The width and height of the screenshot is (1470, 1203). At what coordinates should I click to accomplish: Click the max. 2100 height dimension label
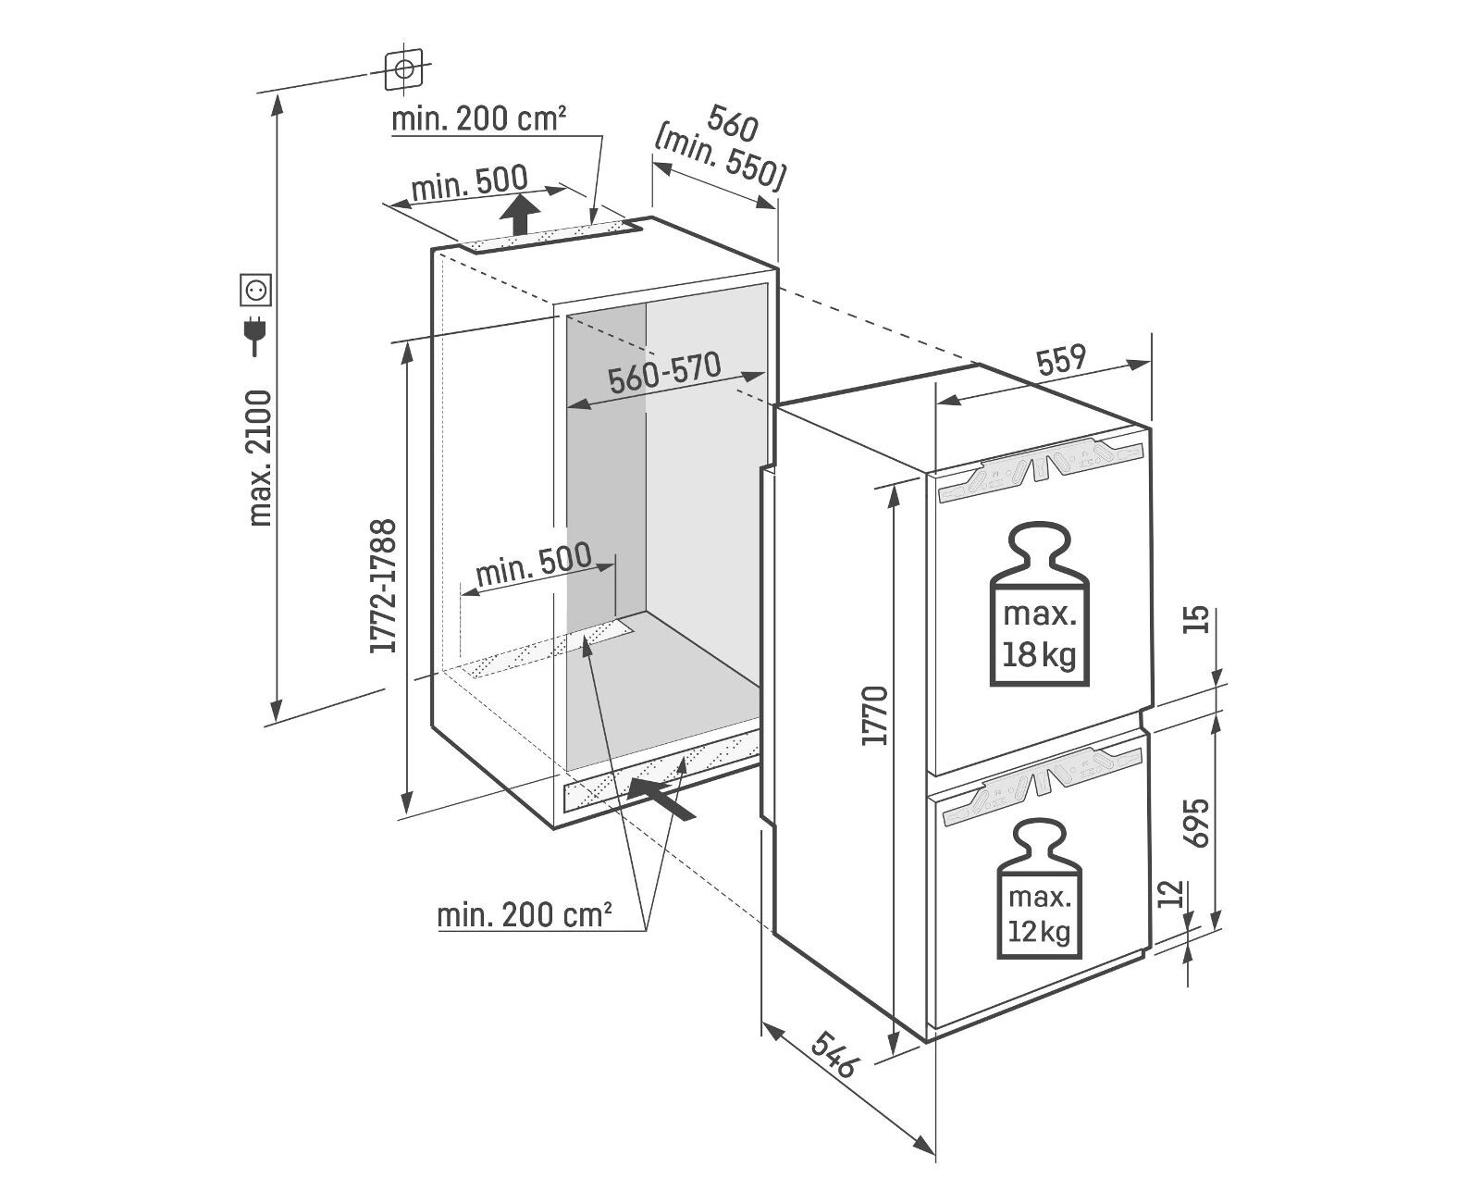click(x=261, y=458)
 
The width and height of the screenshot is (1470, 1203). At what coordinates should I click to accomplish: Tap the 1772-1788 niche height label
click(x=383, y=586)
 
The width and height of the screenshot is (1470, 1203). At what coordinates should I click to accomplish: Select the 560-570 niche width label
click(x=664, y=372)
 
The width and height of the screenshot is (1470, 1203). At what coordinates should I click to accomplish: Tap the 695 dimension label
click(x=1197, y=822)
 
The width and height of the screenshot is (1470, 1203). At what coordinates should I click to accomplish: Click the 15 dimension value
click(x=1197, y=618)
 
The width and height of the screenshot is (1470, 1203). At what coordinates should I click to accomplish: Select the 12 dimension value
click(x=1171, y=895)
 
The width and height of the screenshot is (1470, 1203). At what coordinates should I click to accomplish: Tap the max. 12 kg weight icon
click(x=1039, y=887)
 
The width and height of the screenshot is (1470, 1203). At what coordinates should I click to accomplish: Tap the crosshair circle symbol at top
click(x=403, y=68)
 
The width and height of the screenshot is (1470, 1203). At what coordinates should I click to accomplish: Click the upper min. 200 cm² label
click(x=478, y=118)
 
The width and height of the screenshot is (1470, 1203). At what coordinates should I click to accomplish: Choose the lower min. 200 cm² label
click(x=525, y=915)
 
